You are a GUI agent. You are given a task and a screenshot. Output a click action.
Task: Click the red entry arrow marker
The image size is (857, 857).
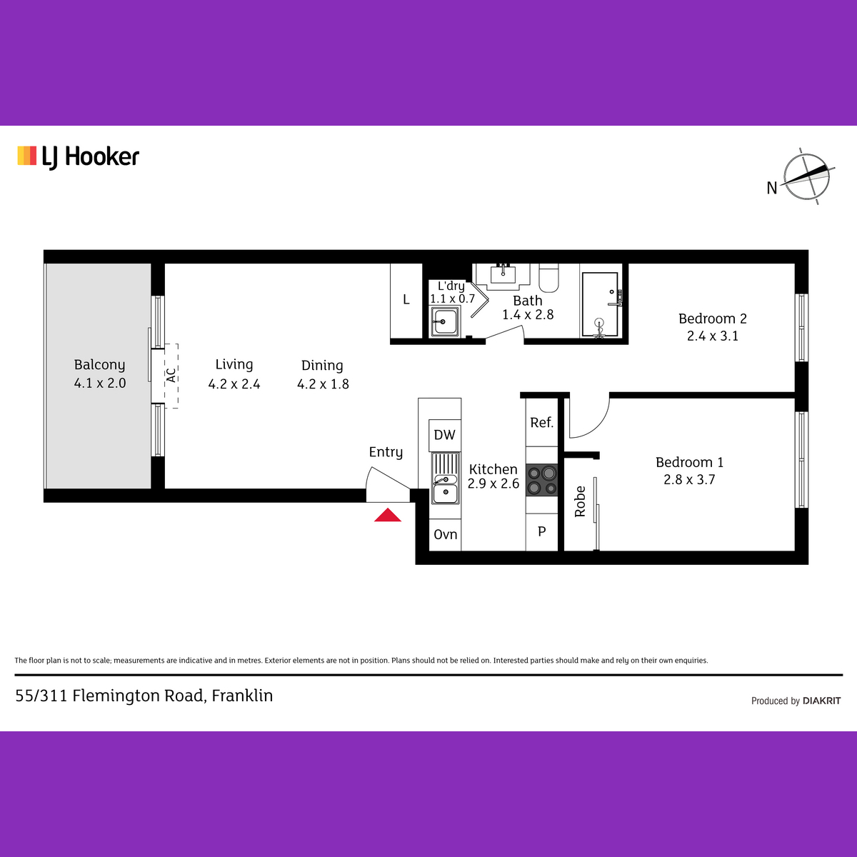click(387, 515)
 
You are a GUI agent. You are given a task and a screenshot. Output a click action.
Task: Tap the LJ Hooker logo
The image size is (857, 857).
click(79, 157)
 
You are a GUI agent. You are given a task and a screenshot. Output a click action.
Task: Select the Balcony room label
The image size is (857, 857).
click(99, 365)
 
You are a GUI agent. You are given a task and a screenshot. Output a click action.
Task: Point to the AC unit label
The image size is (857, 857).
click(171, 376)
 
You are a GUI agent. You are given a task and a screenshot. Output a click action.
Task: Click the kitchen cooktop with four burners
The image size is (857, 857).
click(541, 480)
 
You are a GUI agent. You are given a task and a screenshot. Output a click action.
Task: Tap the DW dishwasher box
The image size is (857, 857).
click(445, 436)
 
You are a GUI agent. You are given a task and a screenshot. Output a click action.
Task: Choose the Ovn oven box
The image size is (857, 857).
click(445, 535)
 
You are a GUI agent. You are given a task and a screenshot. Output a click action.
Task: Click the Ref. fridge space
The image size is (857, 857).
click(541, 423)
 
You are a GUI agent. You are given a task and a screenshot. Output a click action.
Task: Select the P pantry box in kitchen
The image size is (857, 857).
click(541, 532)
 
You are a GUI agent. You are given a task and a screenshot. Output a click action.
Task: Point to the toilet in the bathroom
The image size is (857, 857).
click(548, 278)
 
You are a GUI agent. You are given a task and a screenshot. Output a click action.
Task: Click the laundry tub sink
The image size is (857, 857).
click(444, 321)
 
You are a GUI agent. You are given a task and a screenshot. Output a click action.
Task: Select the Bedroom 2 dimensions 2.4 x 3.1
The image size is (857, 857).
click(713, 336)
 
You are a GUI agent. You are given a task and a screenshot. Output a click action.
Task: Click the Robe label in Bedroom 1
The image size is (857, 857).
click(580, 501)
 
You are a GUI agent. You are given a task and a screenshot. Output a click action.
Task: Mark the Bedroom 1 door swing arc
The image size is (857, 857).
click(596, 425)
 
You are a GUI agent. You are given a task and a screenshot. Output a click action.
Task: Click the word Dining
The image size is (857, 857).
click(322, 366)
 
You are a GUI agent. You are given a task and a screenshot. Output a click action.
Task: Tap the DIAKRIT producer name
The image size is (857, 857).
click(821, 701)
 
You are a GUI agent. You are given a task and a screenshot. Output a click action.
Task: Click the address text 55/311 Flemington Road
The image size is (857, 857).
click(110, 696)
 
